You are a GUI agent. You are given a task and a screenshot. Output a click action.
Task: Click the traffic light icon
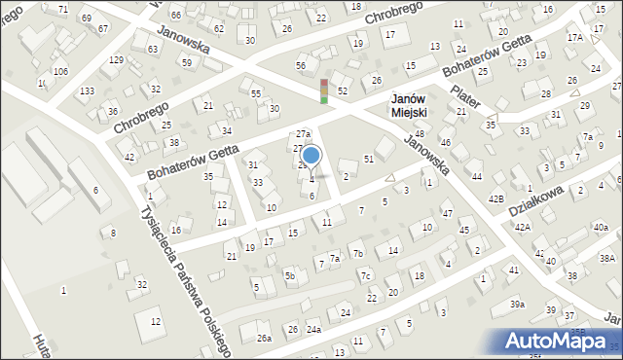[x=323, y=90]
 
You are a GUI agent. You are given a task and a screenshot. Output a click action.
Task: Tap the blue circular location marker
[x=311, y=155]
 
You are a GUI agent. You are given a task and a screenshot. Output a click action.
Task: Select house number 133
[x=88, y=90]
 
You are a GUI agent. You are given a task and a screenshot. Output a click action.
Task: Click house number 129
[x=116, y=60]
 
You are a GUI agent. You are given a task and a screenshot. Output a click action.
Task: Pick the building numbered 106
[x=60, y=72]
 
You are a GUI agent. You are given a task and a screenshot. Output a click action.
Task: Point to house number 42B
[x=496, y=198]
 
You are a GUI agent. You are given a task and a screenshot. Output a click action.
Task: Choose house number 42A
[x=523, y=227]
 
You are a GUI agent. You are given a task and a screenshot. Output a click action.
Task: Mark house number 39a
[x=516, y=305]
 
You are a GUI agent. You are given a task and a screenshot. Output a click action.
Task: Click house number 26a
[x=264, y=339]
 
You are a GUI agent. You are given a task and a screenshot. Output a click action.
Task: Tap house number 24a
[x=313, y=330]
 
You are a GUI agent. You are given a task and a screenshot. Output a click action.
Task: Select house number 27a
[x=303, y=134]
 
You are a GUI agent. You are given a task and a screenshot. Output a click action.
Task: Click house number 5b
[x=289, y=276]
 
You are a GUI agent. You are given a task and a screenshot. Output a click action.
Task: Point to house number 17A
[x=575, y=37]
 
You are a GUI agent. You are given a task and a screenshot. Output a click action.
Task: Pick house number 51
[x=369, y=159]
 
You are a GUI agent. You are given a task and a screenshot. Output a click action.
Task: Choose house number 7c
[x=366, y=276]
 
